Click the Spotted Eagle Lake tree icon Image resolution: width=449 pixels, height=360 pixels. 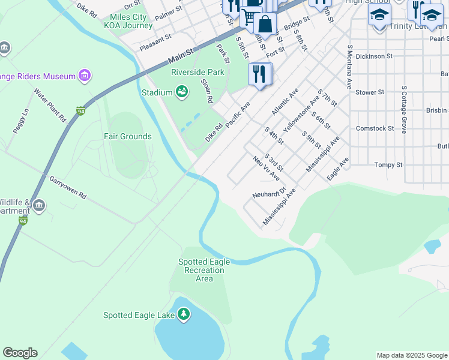(183, 314)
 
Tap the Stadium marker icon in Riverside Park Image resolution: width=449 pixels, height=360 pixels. (181, 92)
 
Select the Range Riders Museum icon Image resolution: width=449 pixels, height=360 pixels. (85, 76)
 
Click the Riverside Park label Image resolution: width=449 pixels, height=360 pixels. (197, 72)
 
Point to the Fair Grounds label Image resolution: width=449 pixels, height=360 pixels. (127, 136)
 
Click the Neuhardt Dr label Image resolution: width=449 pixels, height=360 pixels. (267, 194)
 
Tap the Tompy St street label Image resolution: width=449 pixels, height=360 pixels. (388, 164)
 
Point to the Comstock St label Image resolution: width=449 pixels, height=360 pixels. (375, 128)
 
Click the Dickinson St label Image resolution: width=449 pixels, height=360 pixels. (374, 56)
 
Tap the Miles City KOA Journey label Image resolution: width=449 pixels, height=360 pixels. (128, 22)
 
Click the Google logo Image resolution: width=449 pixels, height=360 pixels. (20, 353)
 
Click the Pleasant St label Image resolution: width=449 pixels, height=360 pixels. (155, 37)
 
